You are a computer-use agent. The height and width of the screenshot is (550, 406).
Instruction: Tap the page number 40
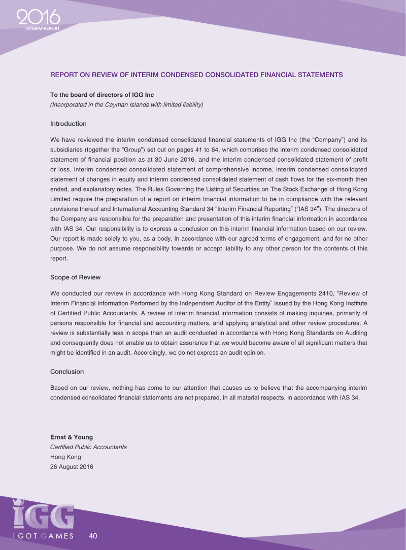coord(93,535)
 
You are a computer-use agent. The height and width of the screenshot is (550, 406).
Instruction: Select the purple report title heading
coord(196,75)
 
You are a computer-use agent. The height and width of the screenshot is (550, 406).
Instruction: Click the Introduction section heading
coord(69,124)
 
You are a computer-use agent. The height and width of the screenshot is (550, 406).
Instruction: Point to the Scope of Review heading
coord(76,277)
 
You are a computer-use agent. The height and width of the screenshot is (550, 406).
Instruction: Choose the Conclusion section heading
coord(67,372)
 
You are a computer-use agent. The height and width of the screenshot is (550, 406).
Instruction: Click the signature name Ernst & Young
coord(72,437)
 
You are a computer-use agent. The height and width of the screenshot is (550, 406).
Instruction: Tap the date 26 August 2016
coord(72,466)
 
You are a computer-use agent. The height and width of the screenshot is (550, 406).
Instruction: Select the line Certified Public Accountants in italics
coord(88,447)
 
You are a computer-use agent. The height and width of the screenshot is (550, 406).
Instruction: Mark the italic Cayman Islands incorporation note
coord(126,104)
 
